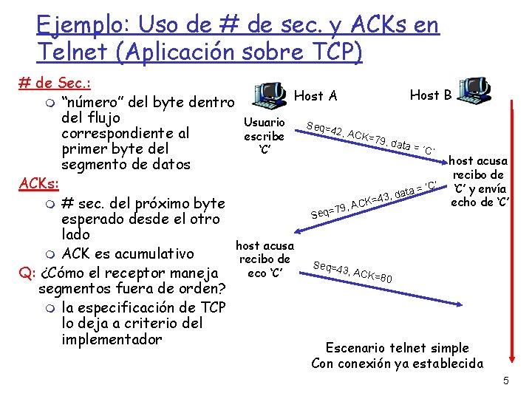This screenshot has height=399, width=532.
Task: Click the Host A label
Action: coord(316,95)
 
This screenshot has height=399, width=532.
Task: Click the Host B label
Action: coord(431,95)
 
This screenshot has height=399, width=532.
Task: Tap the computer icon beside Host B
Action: coord(474,89)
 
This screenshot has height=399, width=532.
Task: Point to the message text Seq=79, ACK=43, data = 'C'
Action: coord(375,199)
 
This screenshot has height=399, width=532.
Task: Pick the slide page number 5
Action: coord(506,381)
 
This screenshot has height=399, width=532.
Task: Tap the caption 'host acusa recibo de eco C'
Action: coord(264,259)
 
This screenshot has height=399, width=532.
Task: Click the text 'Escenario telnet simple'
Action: coord(398,347)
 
